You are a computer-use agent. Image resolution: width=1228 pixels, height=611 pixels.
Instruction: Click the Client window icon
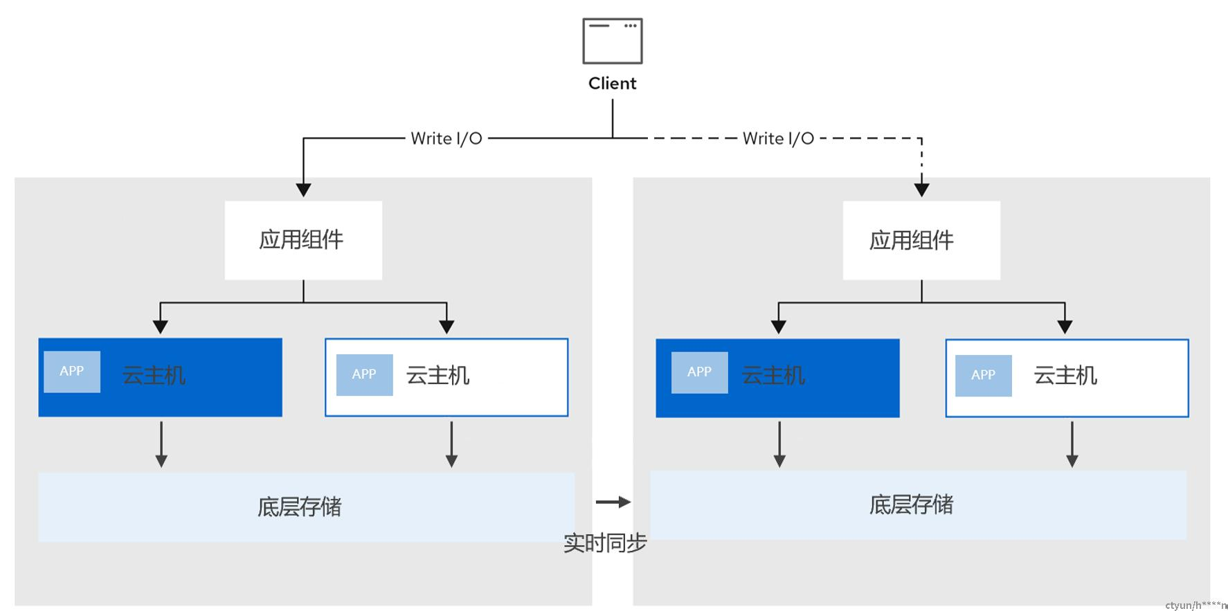coord(613,41)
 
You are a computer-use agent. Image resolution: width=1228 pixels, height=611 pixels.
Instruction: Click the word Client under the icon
coord(613,84)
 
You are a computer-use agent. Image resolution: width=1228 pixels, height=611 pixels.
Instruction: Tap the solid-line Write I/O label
coord(446,138)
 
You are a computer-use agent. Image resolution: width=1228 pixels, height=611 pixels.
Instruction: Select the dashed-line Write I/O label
coord(778,138)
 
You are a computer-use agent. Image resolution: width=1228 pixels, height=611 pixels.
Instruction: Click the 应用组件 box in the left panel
coord(303,240)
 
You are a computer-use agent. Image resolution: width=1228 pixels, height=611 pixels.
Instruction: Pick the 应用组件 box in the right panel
coord(921,240)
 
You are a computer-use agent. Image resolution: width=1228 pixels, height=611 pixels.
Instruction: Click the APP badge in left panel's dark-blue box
coord(72,372)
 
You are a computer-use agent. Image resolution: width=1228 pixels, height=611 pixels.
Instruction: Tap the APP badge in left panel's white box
coord(365,375)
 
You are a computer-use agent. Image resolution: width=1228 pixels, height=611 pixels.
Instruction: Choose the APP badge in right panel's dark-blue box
coord(700,372)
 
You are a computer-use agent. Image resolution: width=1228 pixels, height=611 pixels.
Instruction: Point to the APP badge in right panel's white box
coord(984,376)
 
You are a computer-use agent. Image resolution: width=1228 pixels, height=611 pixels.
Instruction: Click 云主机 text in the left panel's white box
coord(438,376)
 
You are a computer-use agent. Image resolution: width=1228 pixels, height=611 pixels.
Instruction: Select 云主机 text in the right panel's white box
coord(1065,376)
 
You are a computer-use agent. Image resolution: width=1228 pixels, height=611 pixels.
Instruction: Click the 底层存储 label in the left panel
coord(300,507)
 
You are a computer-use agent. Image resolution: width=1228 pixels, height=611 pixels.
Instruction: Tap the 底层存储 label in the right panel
coord(912,505)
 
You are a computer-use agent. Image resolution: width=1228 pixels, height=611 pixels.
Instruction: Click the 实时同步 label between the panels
coord(605,543)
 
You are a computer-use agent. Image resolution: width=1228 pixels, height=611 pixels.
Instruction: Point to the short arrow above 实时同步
coord(613,502)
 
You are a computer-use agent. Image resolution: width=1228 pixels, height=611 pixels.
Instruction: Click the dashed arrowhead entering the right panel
coord(921,190)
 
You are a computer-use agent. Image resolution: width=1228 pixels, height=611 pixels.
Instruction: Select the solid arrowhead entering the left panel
coord(303,190)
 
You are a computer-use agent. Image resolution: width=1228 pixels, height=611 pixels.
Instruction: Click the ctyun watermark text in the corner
coord(1196,605)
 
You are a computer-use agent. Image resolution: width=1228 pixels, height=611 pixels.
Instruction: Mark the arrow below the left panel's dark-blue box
coord(161,444)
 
